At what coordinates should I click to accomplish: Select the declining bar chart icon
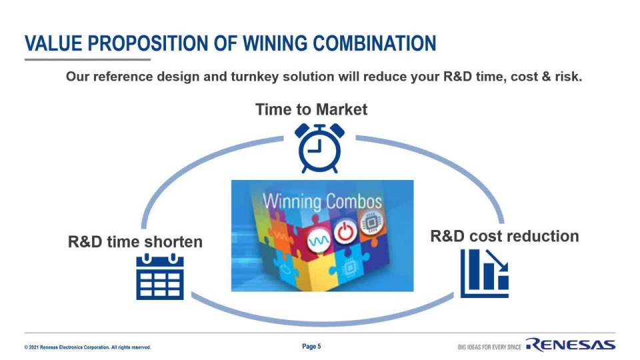tap(485, 273)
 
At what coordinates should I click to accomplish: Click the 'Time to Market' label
tap(311, 109)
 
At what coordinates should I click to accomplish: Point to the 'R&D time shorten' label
tap(135, 241)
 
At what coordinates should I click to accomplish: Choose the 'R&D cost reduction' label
tap(504, 236)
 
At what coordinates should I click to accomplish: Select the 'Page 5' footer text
tap(311, 347)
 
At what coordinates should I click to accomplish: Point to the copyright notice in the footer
tap(87, 347)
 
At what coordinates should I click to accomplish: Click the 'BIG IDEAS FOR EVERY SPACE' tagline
tap(489, 347)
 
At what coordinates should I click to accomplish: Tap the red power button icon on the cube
tap(344, 233)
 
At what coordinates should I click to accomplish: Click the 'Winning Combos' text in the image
tap(322, 201)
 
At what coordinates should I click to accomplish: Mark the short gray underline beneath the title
tap(87, 59)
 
